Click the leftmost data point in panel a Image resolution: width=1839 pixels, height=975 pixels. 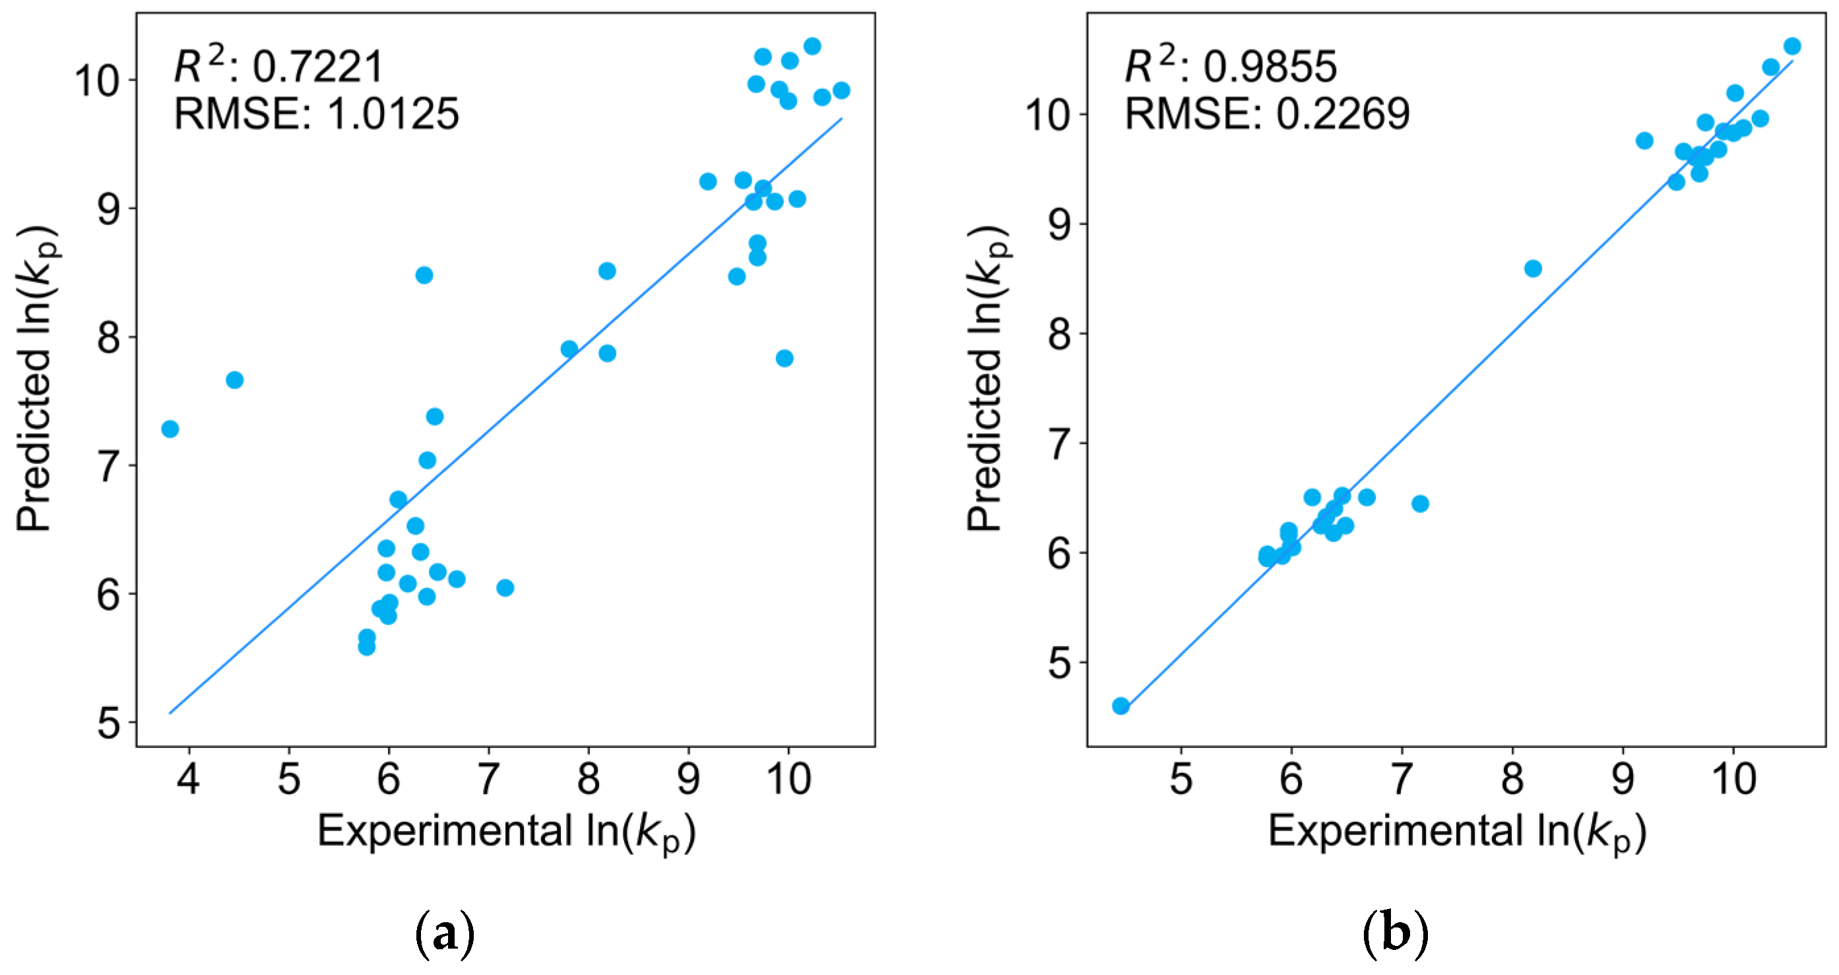pyautogui.click(x=170, y=429)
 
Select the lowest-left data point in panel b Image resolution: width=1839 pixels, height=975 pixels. pyautogui.click(x=1121, y=706)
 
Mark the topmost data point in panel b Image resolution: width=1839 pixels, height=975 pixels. pyautogui.click(x=1792, y=46)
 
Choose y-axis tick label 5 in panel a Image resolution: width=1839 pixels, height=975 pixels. pyautogui.click(x=108, y=723)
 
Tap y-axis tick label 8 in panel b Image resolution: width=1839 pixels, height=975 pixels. pyautogui.click(x=1060, y=334)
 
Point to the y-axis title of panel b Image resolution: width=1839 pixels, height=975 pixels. pyautogui.click(x=987, y=378)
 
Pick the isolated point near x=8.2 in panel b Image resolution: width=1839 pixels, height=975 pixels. pyautogui.click(x=1533, y=269)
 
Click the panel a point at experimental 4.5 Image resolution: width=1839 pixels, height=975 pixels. pyautogui.click(x=234, y=380)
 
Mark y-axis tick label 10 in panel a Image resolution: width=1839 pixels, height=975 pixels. pyautogui.click(x=97, y=81)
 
